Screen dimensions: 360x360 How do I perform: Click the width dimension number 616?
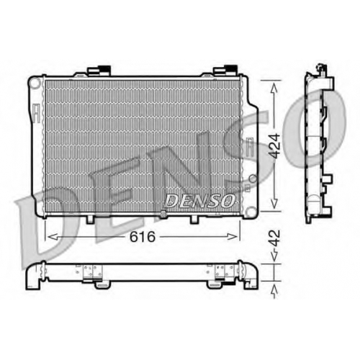(143, 237)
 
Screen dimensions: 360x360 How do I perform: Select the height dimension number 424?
(274, 146)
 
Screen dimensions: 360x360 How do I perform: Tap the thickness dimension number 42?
(274, 238)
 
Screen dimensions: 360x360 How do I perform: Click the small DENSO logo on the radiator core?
(200, 201)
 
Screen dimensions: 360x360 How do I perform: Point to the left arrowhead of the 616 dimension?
(53, 237)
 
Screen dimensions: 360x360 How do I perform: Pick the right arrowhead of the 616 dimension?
(232, 237)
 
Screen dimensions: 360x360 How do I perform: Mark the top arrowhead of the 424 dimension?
(274, 89)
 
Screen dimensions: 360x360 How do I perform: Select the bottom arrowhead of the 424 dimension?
(274, 203)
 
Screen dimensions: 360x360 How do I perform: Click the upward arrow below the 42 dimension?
(274, 292)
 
